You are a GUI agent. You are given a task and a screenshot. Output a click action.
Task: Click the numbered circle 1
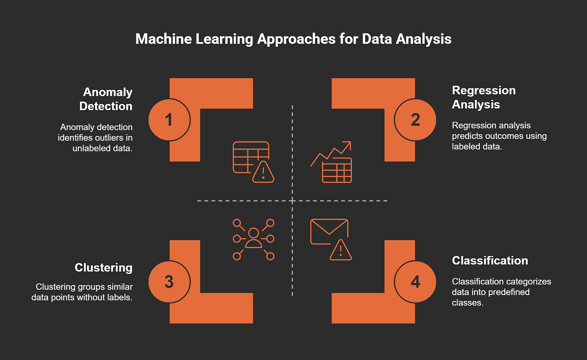169,120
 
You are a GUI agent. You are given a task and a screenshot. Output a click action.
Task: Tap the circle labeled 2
415,120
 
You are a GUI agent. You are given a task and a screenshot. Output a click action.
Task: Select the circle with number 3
169,282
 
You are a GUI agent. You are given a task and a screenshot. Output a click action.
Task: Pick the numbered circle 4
415,282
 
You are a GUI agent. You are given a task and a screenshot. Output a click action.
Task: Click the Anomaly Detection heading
106,99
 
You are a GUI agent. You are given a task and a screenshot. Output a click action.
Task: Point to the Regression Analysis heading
483,97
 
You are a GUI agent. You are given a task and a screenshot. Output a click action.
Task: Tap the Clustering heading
104,268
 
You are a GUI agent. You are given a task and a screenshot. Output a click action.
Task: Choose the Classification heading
490,260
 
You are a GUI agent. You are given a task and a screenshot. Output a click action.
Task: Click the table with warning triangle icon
253,162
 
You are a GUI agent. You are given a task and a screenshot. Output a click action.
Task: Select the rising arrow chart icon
331,162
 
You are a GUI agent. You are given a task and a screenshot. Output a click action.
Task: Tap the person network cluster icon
253,239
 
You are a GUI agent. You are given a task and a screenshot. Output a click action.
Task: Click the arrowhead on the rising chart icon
347,145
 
